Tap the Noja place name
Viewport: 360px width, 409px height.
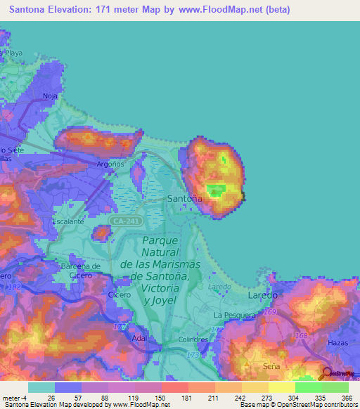click(50, 96)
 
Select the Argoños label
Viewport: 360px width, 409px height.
click(110, 164)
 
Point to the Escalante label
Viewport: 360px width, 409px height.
click(68, 221)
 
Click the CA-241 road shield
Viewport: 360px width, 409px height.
click(130, 221)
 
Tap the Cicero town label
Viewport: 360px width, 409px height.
click(120, 296)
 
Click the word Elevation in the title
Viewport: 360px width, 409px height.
click(72, 11)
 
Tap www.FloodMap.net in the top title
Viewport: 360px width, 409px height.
click(225, 11)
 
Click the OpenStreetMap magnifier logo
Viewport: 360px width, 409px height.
click(326, 374)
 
